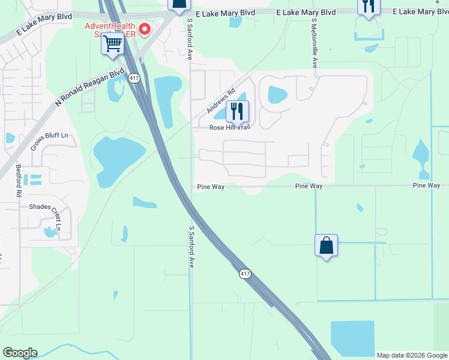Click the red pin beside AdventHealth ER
[x=145, y=29]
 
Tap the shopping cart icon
[x=112, y=44]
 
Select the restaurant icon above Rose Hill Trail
[x=237, y=111]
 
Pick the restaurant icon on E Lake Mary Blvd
[x=368, y=6]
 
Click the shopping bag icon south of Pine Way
[x=326, y=245]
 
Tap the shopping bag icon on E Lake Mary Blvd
[x=179, y=5]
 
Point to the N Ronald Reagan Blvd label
[x=89, y=88]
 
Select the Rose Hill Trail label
[x=229, y=127]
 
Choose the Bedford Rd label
[x=19, y=181]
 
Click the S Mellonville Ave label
[x=314, y=43]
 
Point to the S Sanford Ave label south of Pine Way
[x=191, y=247]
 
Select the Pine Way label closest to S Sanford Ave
[x=211, y=187]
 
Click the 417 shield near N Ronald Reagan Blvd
[x=134, y=78]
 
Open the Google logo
[x=20, y=353]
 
